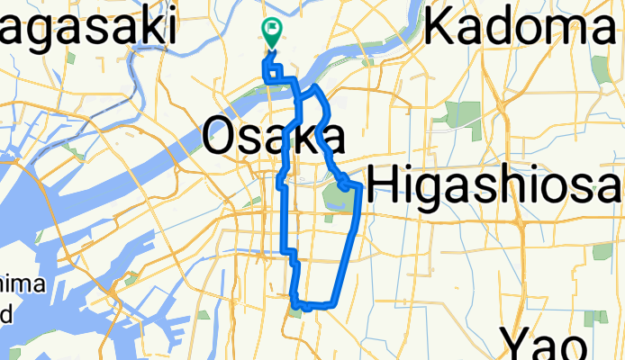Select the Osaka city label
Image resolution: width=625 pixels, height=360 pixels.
pos(273,138)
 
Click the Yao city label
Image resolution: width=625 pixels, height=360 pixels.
pos(546,343)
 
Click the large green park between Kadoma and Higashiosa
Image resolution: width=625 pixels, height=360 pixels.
pos(465,115)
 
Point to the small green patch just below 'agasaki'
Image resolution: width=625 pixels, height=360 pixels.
pos(70,59)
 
